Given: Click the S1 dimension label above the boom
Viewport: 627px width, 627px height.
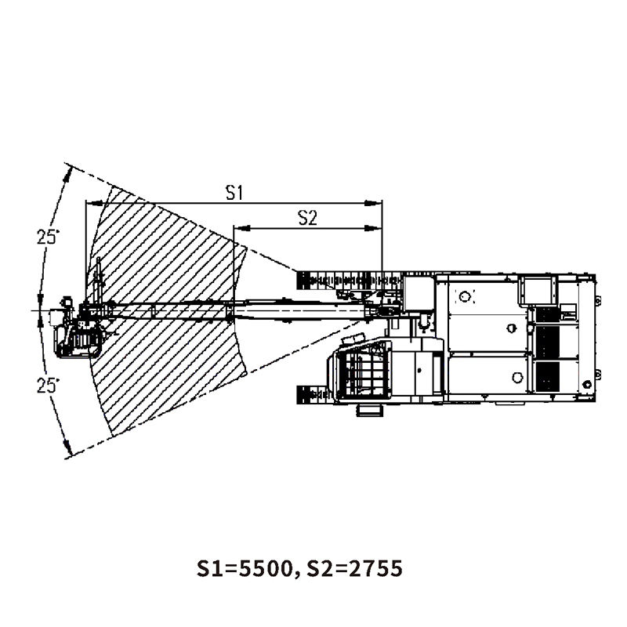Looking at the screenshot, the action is pos(234,193).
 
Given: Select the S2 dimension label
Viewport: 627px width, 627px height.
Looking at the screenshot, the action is pos(307,219).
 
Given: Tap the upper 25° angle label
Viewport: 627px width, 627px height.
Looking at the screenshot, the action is pos(48,237).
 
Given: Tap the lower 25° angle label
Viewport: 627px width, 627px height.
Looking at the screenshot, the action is pos(48,386).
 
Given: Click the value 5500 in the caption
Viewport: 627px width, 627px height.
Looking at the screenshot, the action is pos(265,568).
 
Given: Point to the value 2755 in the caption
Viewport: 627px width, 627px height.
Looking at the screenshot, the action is pos(375,568).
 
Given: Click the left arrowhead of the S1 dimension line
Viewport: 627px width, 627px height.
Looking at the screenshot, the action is pos(94,204).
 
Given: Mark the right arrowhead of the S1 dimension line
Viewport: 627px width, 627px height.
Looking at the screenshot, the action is pos(374,204).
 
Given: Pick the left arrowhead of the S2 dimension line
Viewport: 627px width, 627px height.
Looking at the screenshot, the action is pos(242,228).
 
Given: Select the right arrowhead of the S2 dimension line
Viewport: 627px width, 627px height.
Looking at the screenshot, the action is pos(374,228).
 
